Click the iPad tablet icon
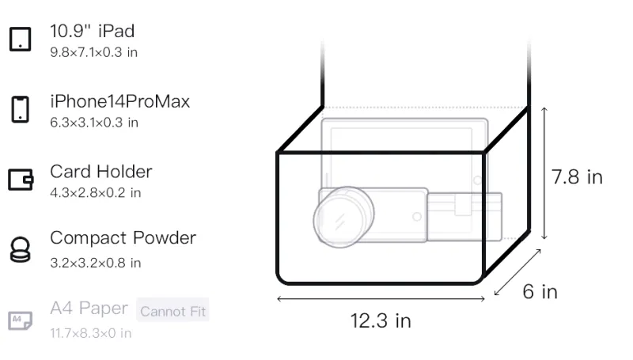click(x=21, y=39)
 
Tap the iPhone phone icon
click(x=21, y=109)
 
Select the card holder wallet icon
click(x=21, y=179)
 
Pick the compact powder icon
click(x=21, y=250)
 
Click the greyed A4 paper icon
click(x=21, y=320)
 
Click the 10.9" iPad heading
click(x=92, y=31)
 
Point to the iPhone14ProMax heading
click(x=120, y=101)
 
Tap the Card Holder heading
click(x=101, y=172)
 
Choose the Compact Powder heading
click(x=123, y=238)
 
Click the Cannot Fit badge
click(x=172, y=311)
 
